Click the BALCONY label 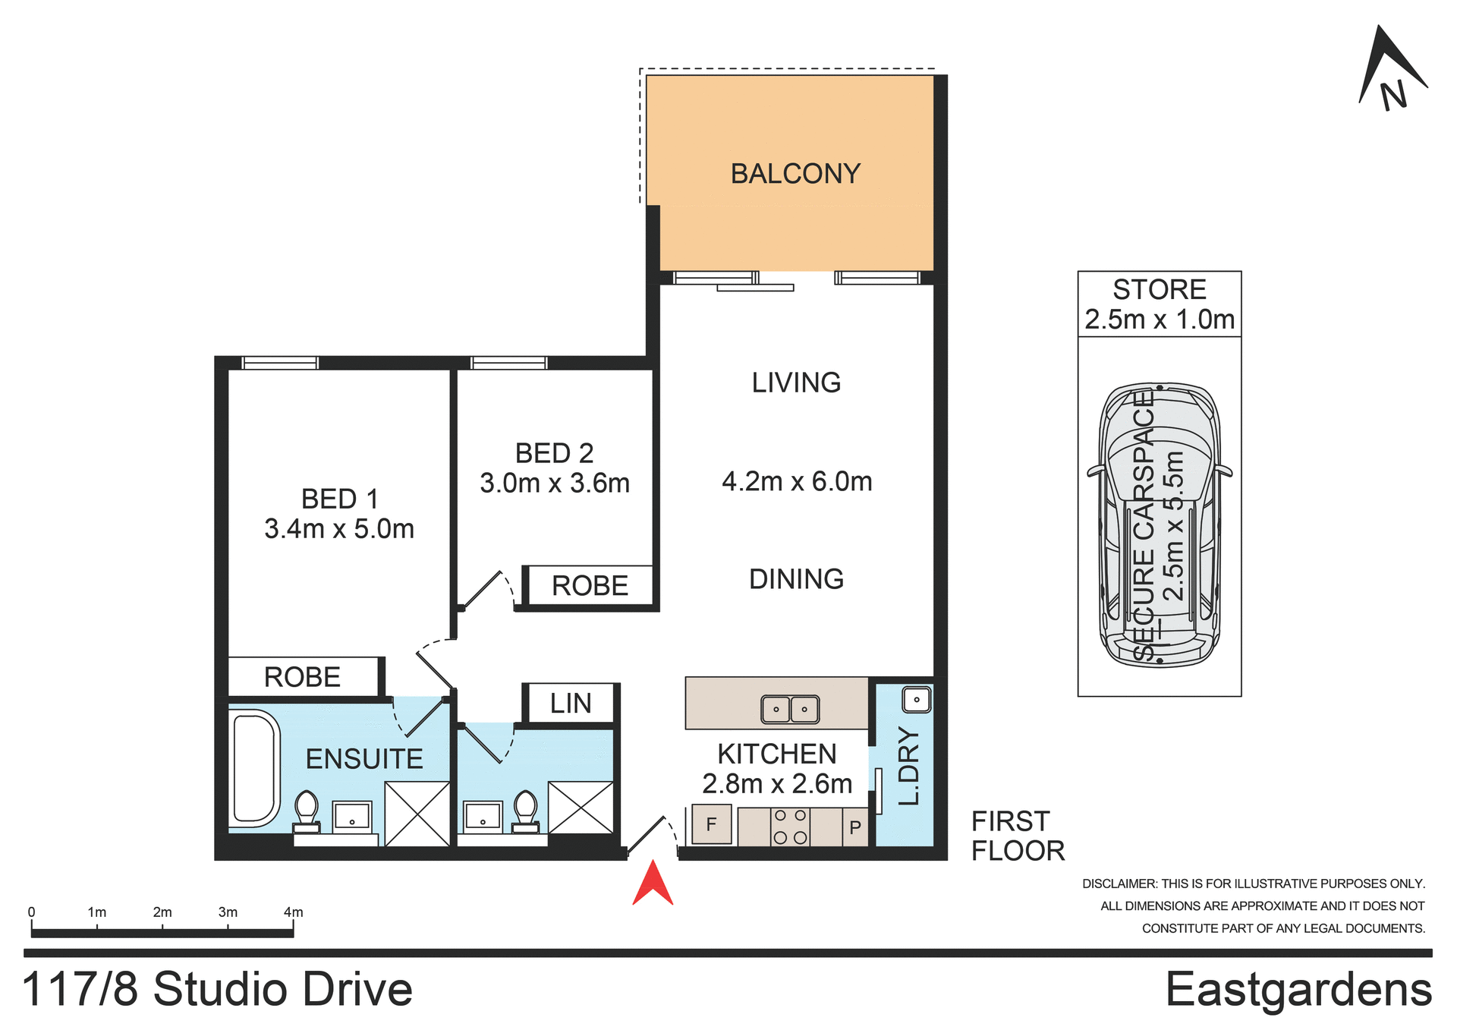click(795, 174)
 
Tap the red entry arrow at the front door click(653, 885)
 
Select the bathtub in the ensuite click(254, 768)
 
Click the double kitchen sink click(789, 709)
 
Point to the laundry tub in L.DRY click(916, 699)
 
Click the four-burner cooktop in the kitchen click(789, 827)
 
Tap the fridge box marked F click(711, 824)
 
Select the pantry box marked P click(855, 827)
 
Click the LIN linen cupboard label click(571, 704)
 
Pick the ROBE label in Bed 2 click(590, 586)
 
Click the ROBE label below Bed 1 click(302, 677)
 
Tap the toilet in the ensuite click(307, 811)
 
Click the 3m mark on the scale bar click(228, 912)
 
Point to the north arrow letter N click(1393, 96)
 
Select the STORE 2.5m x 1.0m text click(1159, 304)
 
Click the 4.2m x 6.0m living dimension click(796, 481)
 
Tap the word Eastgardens click(1298, 990)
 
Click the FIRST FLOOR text click(1017, 836)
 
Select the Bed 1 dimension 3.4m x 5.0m click(339, 529)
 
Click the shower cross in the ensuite click(417, 814)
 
